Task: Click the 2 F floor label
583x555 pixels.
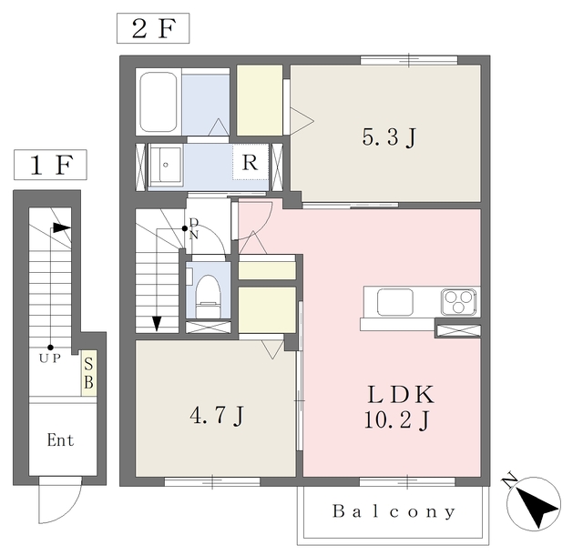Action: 153,28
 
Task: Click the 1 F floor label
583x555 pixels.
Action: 51,165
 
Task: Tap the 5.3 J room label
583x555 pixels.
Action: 389,137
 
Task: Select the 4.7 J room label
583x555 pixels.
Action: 217,416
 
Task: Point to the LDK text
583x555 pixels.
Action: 401,395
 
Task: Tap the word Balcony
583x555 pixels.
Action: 394,511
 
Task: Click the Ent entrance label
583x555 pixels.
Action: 60,440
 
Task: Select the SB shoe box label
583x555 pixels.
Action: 88,373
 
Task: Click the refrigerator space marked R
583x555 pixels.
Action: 250,162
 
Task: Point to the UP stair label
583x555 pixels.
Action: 50,358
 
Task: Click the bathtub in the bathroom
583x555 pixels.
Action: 158,102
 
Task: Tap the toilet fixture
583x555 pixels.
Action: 209,297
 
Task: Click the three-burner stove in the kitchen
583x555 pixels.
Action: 458,301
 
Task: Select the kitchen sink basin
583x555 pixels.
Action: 394,302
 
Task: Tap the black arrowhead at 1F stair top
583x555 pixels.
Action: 61,227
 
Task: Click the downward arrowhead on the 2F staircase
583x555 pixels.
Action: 157,324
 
